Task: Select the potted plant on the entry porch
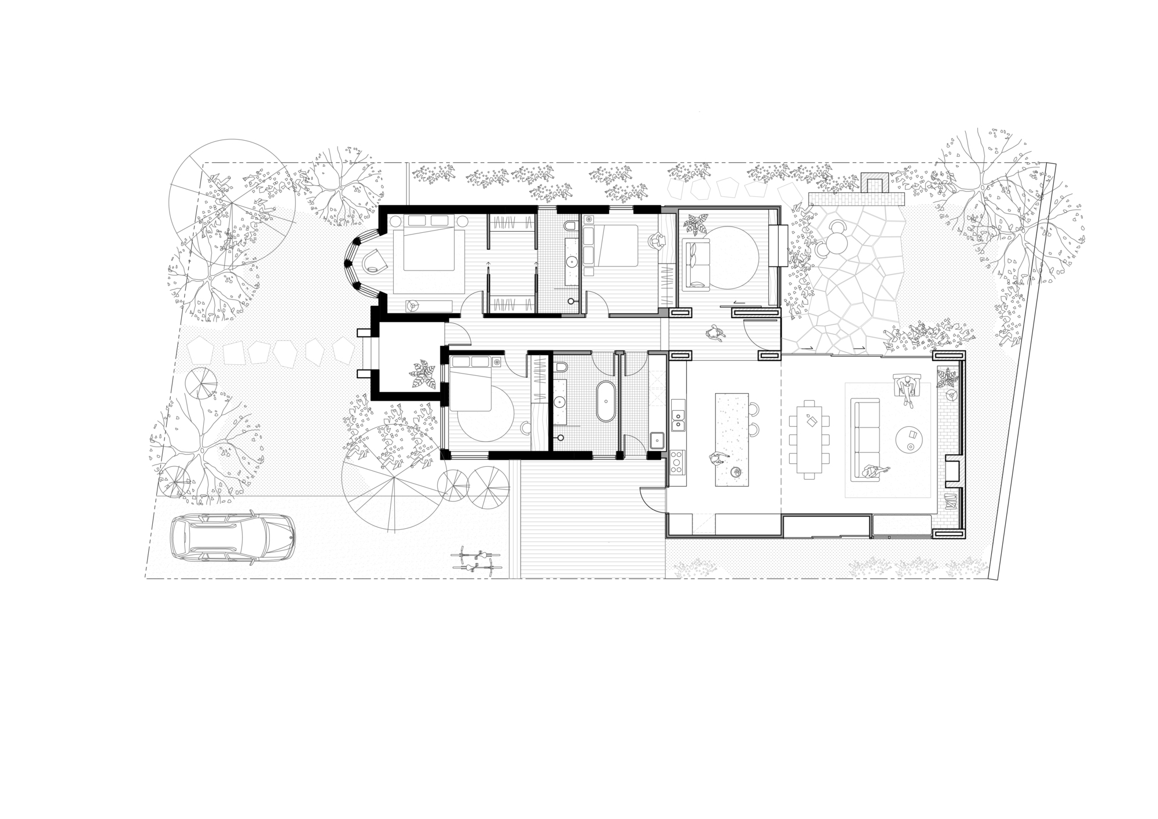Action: pyautogui.click(x=422, y=375)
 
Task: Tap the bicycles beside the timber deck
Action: pyautogui.click(x=476, y=561)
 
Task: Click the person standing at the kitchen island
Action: pyautogui.click(x=717, y=458)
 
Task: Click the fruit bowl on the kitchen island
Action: pyautogui.click(x=736, y=472)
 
